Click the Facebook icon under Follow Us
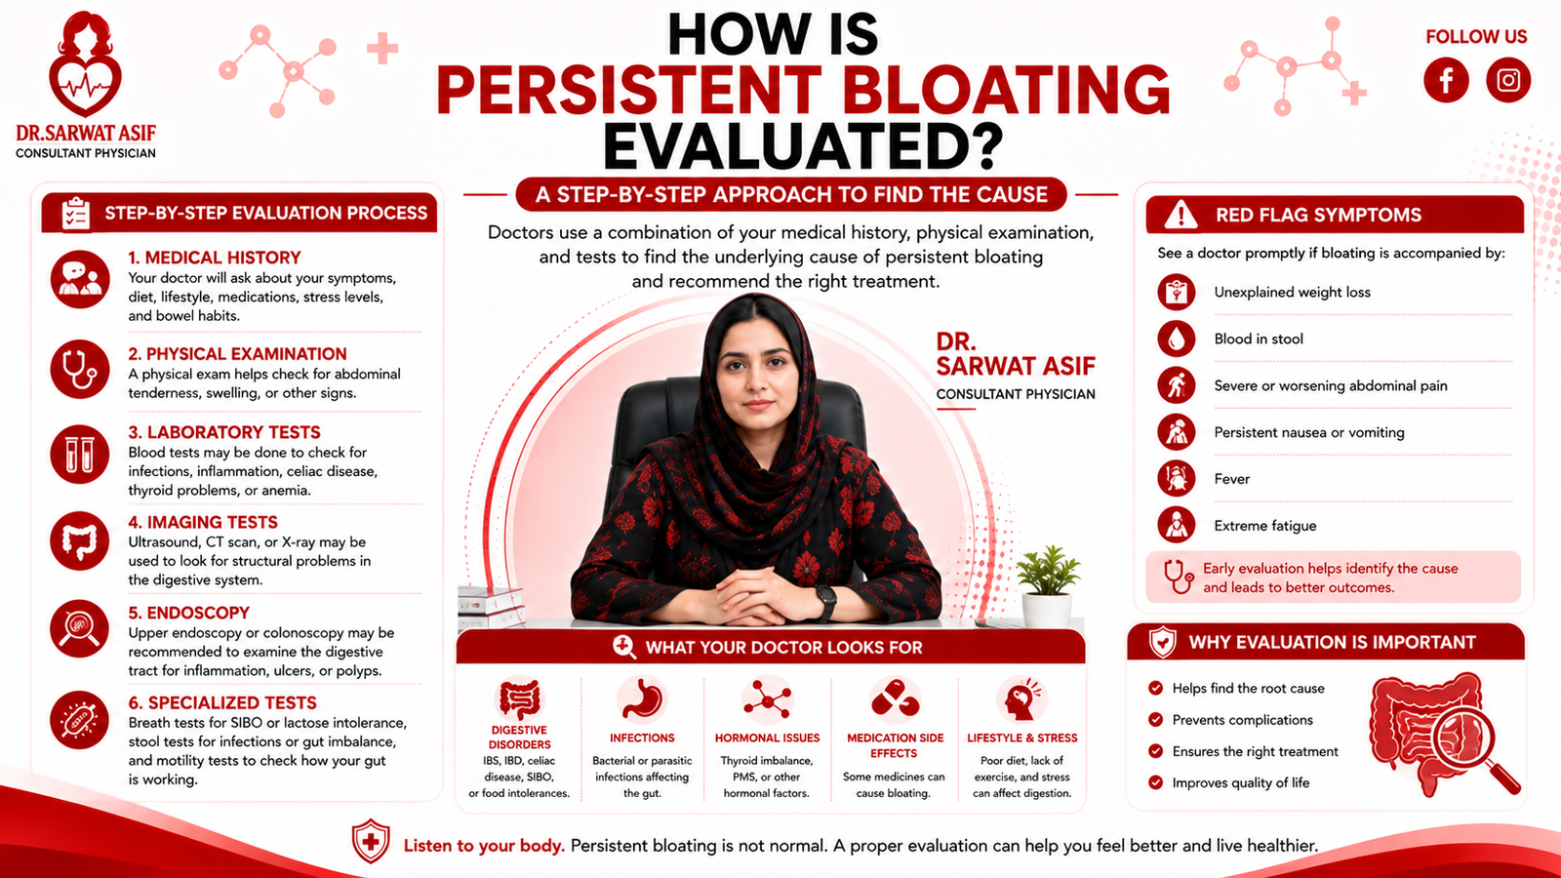[x=1446, y=80]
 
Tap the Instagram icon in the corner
[x=1508, y=80]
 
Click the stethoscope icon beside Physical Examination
[x=80, y=369]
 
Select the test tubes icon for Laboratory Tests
[x=80, y=455]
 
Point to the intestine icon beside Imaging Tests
[x=80, y=541]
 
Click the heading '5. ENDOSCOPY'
[x=189, y=613]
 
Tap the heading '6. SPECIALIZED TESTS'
[x=222, y=702]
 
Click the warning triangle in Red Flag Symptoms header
[x=1181, y=215]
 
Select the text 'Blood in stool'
[x=1259, y=339]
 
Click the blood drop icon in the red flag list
[x=1177, y=339]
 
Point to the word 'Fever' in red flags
[x=1232, y=479]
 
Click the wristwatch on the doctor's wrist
[x=825, y=601]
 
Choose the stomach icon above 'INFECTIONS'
[x=642, y=698]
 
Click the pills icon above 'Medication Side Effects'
[x=895, y=698]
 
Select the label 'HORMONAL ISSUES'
[x=767, y=738]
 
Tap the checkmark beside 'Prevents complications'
[x=1155, y=720]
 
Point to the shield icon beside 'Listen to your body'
[x=371, y=841]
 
